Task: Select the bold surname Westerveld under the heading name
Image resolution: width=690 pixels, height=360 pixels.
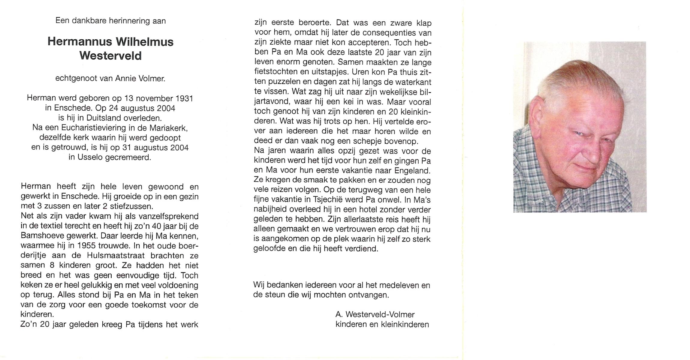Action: tap(110, 56)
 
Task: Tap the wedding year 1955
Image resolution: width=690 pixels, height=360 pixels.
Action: tap(86, 245)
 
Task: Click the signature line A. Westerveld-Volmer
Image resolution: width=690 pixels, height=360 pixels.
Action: tap(375, 314)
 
